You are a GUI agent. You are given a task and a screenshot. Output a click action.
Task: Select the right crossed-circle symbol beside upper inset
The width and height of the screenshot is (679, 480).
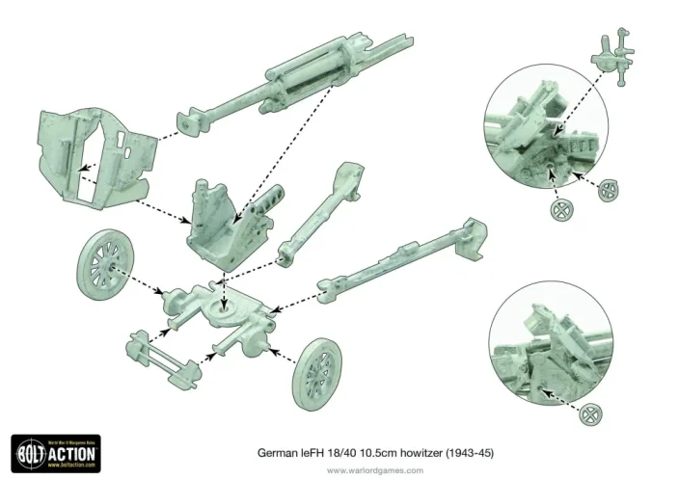[x=609, y=190]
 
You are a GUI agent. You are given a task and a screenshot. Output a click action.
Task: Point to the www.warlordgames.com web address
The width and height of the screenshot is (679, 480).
[x=375, y=470]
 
